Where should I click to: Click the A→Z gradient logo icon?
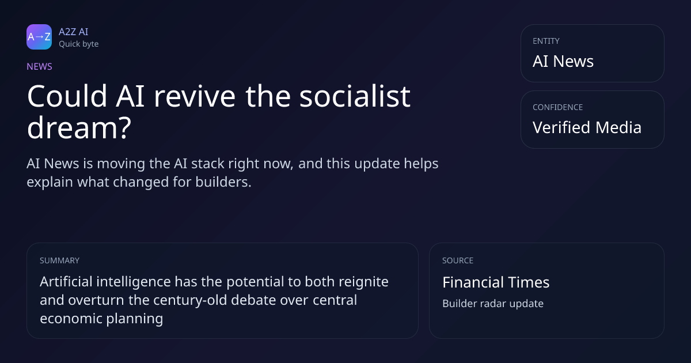pos(39,37)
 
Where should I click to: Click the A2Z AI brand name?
pos(74,32)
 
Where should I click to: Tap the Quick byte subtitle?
pos(79,44)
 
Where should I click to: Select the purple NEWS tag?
pos(40,66)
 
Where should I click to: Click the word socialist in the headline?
pos(355,96)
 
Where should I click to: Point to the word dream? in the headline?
pos(79,127)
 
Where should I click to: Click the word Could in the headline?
pos(67,96)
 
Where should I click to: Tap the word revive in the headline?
pos(195,96)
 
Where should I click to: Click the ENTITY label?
pos(546,41)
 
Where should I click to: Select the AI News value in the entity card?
pos(563,61)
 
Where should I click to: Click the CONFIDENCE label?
pos(558,107)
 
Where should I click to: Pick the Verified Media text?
pos(587,127)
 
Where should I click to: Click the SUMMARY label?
pos(59,260)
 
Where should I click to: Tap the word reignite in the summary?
pos(363,282)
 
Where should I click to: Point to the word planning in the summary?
pos(134,319)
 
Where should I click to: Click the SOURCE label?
pos(458,260)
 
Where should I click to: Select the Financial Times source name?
pos(496,282)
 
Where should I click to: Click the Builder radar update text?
pos(493,304)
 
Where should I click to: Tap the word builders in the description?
pos(223,182)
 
